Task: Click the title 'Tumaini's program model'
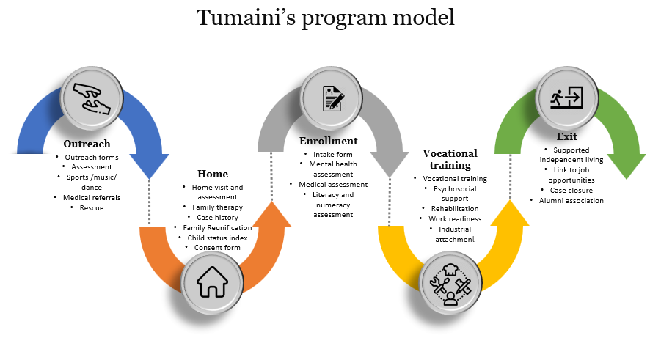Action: (x=325, y=18)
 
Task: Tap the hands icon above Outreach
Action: (x=92, y=98)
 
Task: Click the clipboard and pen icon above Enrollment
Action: (x=332, y=98)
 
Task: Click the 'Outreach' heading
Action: (x=87, y=144)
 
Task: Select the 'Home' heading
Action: (x=212, y=174)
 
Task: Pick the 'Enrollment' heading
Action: (x=328, y=141)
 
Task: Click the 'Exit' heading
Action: (x=567, y=136)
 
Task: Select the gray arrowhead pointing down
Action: (x=389, y=163)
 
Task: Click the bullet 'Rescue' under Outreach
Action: (x=92, y=207)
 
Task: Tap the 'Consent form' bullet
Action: (x=216, y=248)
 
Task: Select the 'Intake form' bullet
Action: (x=332, y=155)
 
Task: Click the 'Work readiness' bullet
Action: (x=454, y=218)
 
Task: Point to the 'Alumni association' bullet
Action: (x=571, y=200)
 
